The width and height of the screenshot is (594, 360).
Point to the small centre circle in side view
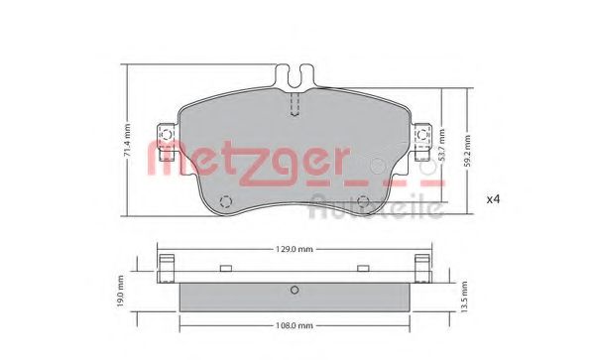(294, 291)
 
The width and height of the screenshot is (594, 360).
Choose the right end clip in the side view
(423, 268)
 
